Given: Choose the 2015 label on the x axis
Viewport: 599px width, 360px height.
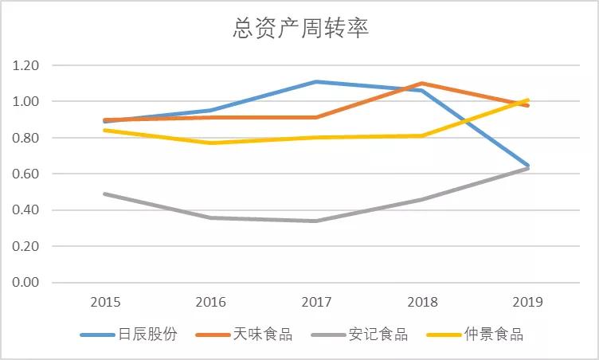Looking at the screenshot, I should pos(106,303).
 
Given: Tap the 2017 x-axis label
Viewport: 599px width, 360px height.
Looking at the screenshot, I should pos(316,303).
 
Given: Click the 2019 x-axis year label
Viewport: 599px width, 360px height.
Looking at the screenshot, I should pos(527,303).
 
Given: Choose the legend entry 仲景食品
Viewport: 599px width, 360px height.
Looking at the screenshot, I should pos(497,335).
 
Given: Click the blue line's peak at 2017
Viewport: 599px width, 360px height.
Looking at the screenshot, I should pos(316,81).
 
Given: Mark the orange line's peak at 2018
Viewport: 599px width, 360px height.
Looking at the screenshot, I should pos(421,83).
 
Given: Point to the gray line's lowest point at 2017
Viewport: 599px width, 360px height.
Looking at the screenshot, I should pos(316,221).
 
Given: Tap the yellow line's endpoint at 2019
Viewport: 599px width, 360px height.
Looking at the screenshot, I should pos(527,100).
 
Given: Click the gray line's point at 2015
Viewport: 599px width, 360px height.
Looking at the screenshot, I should pos(106,194).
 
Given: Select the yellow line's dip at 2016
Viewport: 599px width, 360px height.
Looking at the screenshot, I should pos(211,143).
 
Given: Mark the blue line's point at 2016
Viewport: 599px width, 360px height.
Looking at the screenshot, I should pos(211,110).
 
